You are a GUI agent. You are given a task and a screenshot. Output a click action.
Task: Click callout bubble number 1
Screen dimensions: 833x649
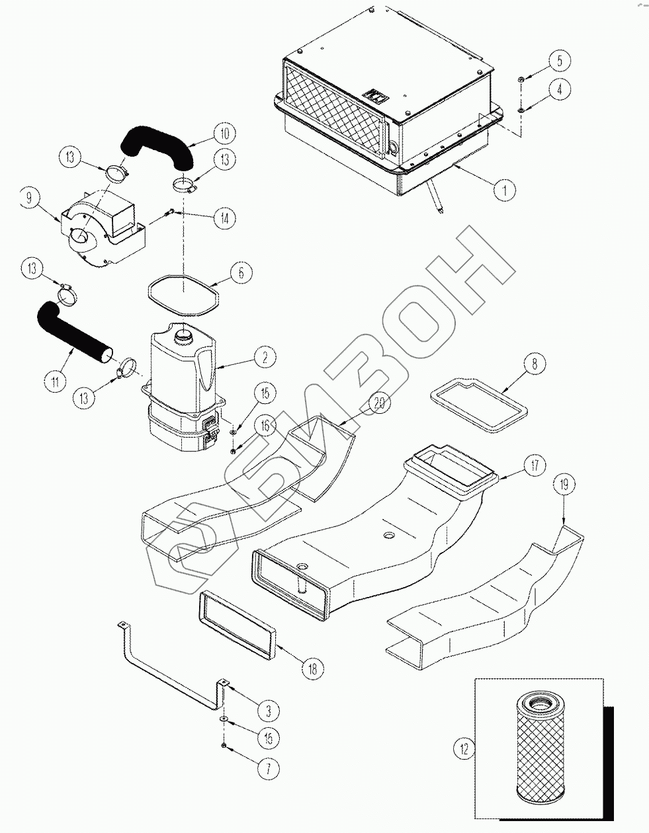(505, 190)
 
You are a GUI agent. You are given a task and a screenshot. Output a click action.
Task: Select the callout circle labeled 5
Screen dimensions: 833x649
(559, 61)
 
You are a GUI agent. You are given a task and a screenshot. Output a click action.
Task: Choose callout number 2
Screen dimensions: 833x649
(264, 358)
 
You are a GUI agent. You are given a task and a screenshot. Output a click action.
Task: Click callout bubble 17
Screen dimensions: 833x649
(535, 465)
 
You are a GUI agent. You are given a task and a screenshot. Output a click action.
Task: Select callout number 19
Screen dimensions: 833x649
(563, 486)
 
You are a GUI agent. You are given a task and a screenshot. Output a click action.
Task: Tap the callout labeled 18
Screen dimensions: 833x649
(312, 668)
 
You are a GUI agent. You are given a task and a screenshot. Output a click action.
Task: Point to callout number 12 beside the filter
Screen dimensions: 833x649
(464, 749)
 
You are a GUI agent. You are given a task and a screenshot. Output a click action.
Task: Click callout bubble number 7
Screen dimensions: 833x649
(269, 769)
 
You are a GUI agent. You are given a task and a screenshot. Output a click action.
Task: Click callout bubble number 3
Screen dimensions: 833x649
(269, 711)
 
